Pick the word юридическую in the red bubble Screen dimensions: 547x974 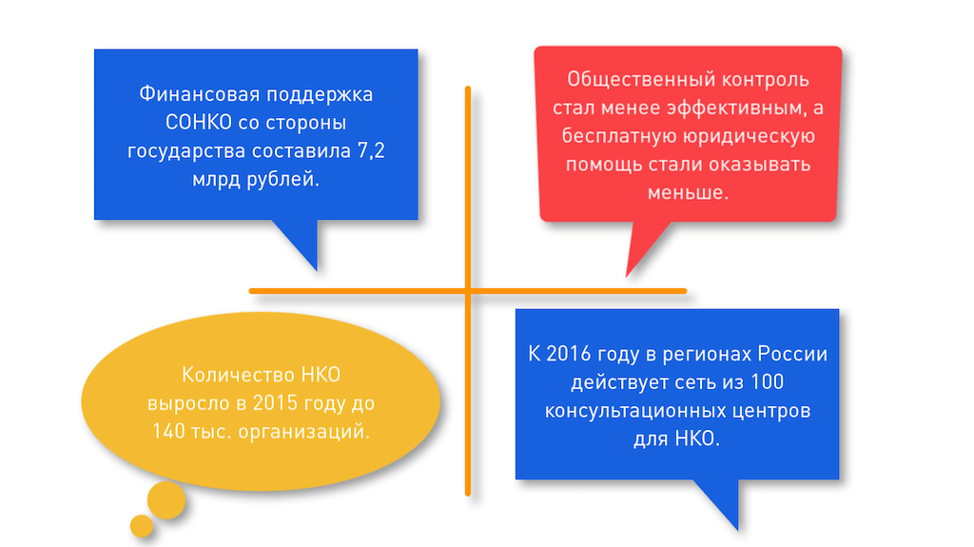coord(740,136)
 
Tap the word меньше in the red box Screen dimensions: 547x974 coord(687,191)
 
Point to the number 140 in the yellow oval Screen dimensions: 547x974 coord(167,431)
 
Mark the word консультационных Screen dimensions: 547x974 coord(629,412)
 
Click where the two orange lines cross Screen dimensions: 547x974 coord(468,290)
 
